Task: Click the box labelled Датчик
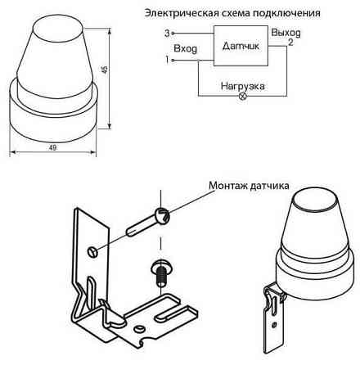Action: click(x=241, y=46)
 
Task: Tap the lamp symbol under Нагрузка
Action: click(x=243, y=96)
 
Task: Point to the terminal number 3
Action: click(x=167, y=34)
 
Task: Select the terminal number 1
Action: click(x=167, y=60)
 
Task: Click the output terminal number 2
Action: click(x=290, y=43)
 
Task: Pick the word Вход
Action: click(x=185, y=49)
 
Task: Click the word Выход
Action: click(x=286, y=33)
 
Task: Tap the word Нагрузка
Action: click(x=242, y=86)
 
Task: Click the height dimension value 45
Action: click(x=105, y=70)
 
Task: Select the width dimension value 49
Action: click(x=52, y=147)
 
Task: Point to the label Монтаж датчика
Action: click(x=249, y=186)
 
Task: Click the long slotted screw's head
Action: click(x=162, y=214)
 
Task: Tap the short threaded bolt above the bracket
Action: click(x=161, y=273)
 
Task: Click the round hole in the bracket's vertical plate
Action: click(x=92, y=251)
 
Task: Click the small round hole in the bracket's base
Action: click(x=140, y=329)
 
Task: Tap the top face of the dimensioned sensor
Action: click(x=59, y=29)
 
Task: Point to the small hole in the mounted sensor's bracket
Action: click(x=274, y=324)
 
